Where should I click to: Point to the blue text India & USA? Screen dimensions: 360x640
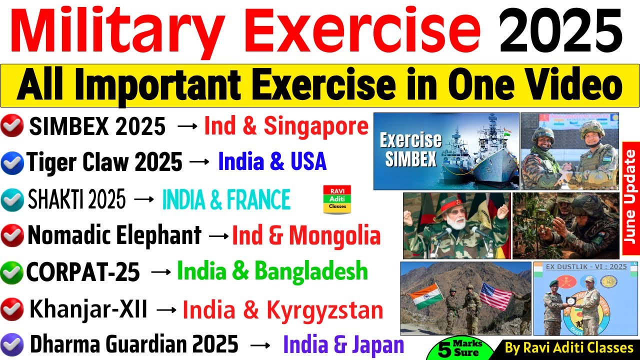click(x=272, y=162)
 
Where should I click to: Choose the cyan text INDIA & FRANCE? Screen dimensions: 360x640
click(x=226, y=200)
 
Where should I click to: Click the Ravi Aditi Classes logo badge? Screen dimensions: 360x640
click(x=337, y=199)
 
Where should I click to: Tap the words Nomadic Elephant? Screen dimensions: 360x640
click(x=114, y=235)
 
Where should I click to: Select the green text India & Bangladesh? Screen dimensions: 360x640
click(x=272, y=271)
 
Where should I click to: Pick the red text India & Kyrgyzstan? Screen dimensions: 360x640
click(x=282, y=310)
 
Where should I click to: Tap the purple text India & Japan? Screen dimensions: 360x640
click(x=343, y=345)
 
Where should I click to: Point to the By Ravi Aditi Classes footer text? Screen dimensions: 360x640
click(x=569, y=347)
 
